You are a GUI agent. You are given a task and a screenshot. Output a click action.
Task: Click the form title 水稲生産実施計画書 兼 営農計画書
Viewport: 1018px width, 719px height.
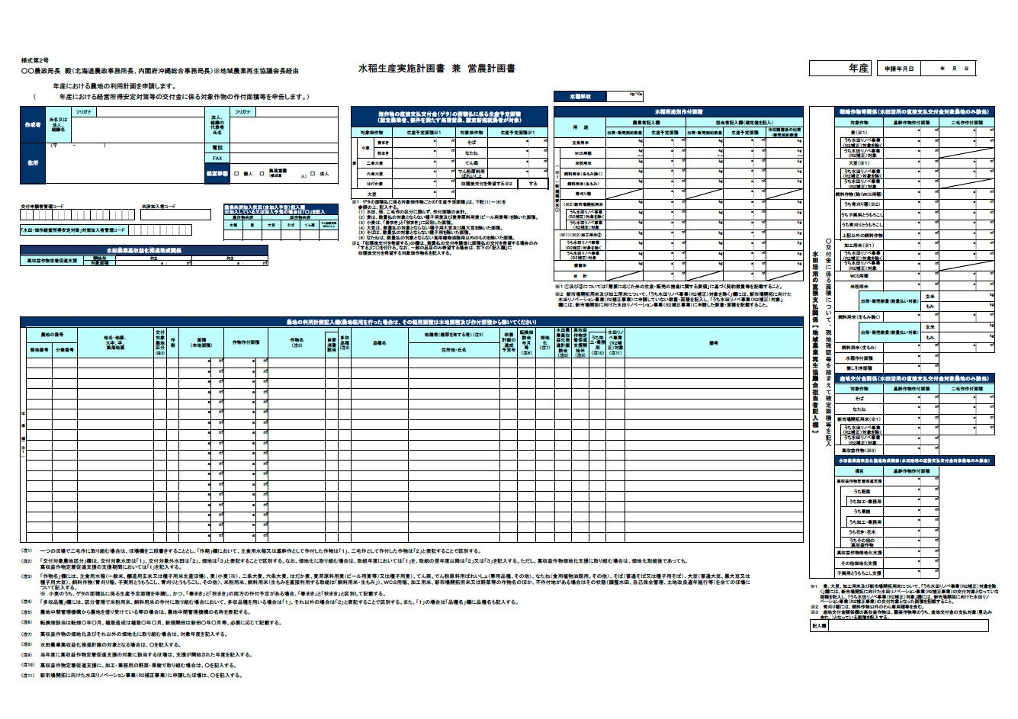[437, 69]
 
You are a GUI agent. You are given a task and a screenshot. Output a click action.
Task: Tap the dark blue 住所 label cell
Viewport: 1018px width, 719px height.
[33, 162]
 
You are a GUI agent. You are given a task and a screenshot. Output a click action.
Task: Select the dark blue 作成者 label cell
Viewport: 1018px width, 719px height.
[33, 124]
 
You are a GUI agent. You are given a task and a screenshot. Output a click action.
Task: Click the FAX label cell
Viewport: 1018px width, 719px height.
[217, 159]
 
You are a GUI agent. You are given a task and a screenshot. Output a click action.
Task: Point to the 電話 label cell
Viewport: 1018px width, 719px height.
[217, 146]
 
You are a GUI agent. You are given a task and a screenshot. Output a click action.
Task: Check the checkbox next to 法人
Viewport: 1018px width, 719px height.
[314, 174]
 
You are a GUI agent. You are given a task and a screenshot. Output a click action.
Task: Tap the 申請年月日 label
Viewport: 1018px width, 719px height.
[898, 69]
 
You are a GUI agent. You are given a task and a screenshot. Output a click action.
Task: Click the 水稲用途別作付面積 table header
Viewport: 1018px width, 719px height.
[679, 111]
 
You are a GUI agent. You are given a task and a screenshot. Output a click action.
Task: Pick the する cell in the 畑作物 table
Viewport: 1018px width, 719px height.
[533, 184]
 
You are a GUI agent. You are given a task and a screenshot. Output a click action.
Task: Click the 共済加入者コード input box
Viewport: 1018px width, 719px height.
[176, 216]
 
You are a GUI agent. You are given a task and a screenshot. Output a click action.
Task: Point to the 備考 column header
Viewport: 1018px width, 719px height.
[714, 343]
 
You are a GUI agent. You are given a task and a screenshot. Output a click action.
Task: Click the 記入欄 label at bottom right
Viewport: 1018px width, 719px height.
[819, 626]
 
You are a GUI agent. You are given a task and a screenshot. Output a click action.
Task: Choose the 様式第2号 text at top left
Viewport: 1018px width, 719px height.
[35, 59]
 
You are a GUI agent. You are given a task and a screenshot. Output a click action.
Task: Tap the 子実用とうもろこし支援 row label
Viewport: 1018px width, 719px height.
[859, 573]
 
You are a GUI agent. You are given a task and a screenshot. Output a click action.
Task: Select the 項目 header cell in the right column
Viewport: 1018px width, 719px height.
[859, 471]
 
